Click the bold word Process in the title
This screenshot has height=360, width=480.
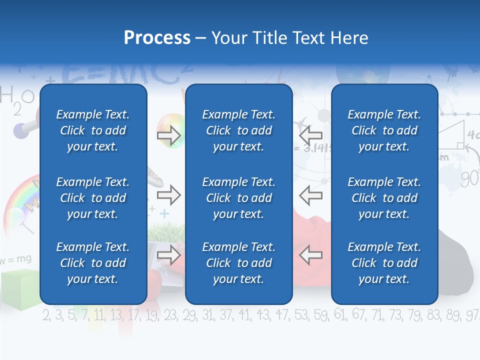(x=157, y=38)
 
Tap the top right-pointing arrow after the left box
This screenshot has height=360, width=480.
(x=168, y=135)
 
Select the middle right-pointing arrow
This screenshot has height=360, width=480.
(x=168, y=195)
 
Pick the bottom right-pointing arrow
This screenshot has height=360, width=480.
(x=168, y=255)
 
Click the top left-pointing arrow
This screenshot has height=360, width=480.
(x=310, y=135)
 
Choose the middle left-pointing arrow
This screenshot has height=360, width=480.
(x=310, y=195)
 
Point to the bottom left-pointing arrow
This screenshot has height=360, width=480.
(x=310, y=255)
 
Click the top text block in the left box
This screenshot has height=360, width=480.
(x=93, y=130)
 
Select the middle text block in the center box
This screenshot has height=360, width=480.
(x=238, y=198)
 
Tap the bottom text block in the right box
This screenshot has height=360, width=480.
(x=384, y=263)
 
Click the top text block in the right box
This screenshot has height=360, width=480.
(x=384, y=130)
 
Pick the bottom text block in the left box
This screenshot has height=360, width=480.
(x=93, y=263)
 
